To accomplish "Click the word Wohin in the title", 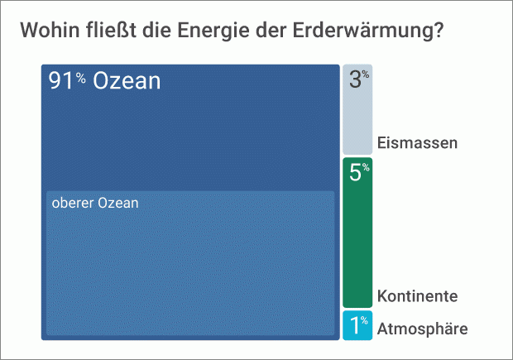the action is coord(50,30).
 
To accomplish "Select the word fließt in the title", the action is coord(112,30).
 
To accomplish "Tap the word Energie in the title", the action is coord(213,31).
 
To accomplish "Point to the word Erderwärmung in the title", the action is coord(363,31).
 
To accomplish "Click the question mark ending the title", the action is coord(439,30).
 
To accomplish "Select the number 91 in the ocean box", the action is coord(61,80).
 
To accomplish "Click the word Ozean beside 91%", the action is coord(127,80).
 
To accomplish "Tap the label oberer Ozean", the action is coord(95,203).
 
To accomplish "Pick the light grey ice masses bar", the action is coord(357,109).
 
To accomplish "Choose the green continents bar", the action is coord(357,233).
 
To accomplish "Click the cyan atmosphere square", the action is coord(357,325).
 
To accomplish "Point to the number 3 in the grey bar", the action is coord(355,79).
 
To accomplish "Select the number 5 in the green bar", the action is coord(355,172).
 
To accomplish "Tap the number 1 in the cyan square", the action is coord(355,325).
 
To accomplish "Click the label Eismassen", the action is coord(417,143).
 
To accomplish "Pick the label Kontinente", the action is coord(417,295).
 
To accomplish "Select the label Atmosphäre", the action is coord(422,329).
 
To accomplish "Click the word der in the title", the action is coord(271,30).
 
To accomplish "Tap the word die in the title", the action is coord(157,30).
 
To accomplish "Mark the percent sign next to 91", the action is coord(81,78).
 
